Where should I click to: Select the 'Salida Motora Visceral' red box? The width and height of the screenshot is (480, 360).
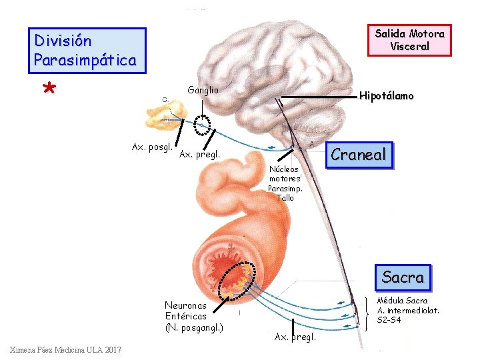point(409,40)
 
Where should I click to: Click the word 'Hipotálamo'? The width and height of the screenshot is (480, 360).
point(386,96)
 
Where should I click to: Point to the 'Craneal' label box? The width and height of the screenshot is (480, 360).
point(358,155)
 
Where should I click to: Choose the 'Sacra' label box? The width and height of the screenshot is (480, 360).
point(402,276)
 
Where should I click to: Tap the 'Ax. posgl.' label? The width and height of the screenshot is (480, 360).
point(153,147)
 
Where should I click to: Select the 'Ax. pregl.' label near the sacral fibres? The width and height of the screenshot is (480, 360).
point(295,337)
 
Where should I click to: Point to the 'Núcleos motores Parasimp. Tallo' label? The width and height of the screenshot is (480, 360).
point(285,183)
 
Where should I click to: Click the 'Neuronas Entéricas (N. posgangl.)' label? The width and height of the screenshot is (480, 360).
point(194,317)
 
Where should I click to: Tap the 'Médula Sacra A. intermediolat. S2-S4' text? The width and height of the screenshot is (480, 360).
point(408,311)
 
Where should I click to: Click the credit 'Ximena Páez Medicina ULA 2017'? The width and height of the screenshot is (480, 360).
point(66,351)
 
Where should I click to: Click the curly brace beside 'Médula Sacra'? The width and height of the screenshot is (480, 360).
point(371,312)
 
